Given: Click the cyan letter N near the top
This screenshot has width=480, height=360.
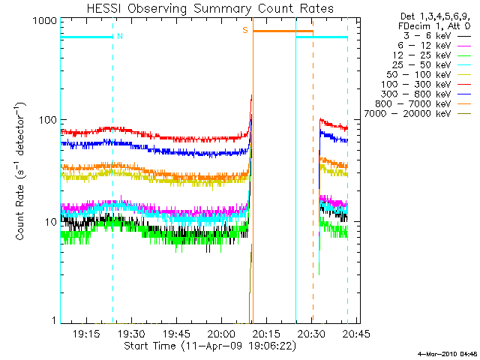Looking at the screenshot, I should [x=120, y=36].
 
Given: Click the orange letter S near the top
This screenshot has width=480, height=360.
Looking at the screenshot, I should [x=244, y=30].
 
